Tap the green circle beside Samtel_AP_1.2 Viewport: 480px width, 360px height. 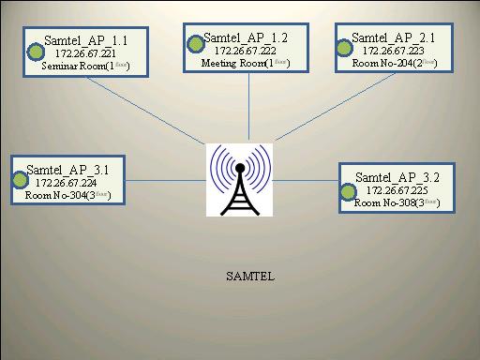pyautogui.click(x=196, y=43)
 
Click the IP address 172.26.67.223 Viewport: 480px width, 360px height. pyautogui.click(x=391, y=51)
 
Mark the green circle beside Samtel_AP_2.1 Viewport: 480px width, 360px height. pyautogui.click(x=344, y=44)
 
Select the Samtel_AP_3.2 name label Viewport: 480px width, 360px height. pyautogui.click(x=398, y=176)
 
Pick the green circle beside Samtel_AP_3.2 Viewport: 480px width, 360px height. pyautogui.click(x=349, y=190)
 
